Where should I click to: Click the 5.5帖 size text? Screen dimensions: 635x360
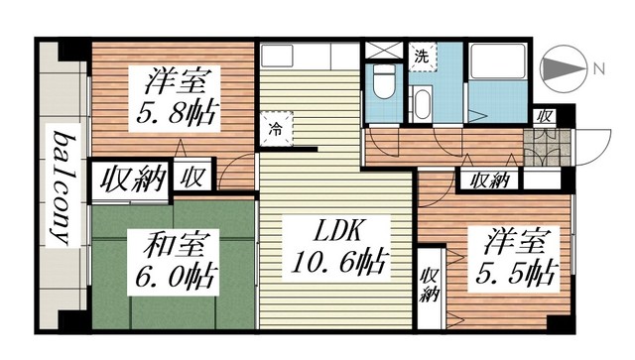click(x=518, y=271)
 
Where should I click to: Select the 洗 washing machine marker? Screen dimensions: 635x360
click(x=422, y=56)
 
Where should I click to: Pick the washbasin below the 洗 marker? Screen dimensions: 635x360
click(x=422, y=102)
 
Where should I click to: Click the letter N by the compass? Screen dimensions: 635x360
click(x=598, y=68)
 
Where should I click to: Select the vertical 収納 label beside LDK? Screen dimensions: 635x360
click(x=430, y=285)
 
